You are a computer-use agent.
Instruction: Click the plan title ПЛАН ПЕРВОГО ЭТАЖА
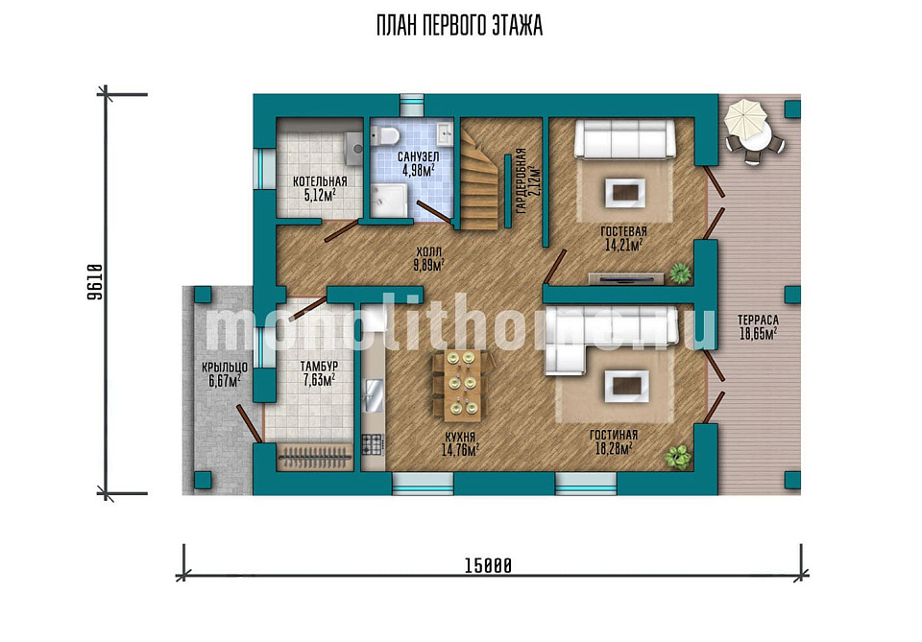pyautogui.click(x=459, y=27)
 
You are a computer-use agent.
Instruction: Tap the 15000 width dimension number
pyautogui.click(x=488, y=565)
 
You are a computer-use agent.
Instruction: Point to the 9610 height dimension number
pyautogui.click(x=95, y=282)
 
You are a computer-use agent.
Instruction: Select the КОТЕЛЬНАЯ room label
pyautogui.click(x=320, y=181)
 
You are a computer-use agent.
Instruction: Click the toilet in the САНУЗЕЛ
pyautogui.click(x=385, y=135)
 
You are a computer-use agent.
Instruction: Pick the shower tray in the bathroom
pyautogui.click(x=389, y=201)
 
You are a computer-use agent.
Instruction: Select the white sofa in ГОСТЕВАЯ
pyautogui.click(x=624, y=139)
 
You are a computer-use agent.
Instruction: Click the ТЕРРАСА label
pyautogui.click(x=758, y=321)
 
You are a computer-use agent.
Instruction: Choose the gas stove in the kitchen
pyautogui.click(x=373, y=444)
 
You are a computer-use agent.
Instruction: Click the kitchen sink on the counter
pyautogui.click(x=373, y=395)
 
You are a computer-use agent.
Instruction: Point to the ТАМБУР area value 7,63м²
pyautogui.click(x=319, y=381)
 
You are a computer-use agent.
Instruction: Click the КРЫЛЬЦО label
pyautogui.click(x=225, y=368)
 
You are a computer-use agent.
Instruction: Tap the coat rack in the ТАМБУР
pyautogui.click(x=315, y=457)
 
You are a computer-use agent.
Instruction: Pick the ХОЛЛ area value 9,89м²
pyautogui.click(x=428, y=265)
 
